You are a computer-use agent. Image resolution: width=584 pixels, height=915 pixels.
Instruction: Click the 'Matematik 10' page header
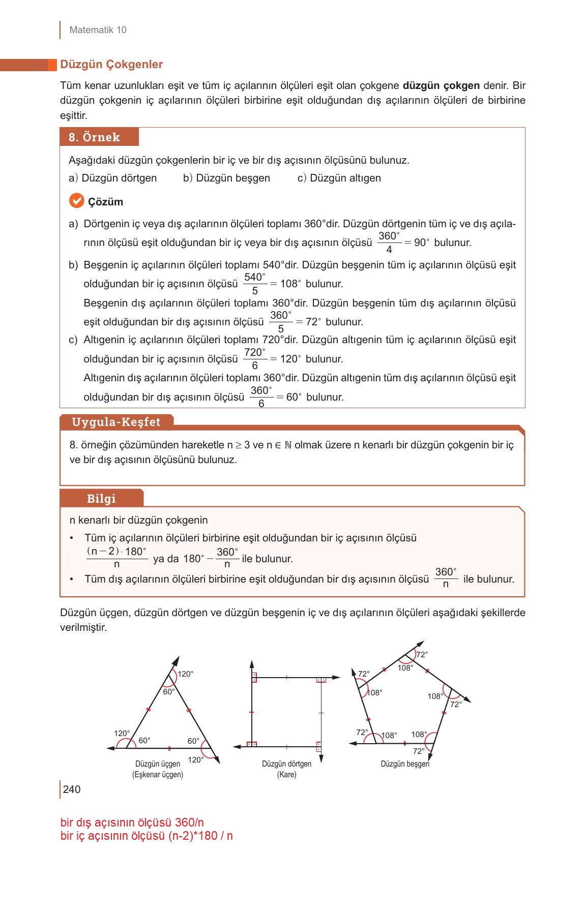pyautogui.click(x=98, y=30)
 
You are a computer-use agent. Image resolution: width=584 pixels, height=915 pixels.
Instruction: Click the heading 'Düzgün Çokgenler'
pyautogui.click(x=111, y=65)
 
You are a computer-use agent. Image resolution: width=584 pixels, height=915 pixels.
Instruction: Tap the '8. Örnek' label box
pyautogui.click(x=95, y=137)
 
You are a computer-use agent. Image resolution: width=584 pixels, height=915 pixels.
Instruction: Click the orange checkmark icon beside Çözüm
pyautogui.click(x=76, y=201)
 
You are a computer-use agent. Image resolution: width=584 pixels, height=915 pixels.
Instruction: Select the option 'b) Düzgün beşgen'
pyautogui.click(x=226, y=178)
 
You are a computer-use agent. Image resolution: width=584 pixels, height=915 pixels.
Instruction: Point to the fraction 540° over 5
pyautogui.click(x=255, y=284)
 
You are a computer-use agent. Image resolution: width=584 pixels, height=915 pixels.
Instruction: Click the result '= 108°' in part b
pyautogui.click(x=285, y=284)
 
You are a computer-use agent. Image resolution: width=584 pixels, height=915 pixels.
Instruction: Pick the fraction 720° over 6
pyautogui.click(x=255, y=359)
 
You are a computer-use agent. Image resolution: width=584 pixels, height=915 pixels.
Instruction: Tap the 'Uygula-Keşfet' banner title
pyautogui.click(x=116, y=422)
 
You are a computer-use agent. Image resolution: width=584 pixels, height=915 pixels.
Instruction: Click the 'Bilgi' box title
pyautogui.click(x=101, y=499)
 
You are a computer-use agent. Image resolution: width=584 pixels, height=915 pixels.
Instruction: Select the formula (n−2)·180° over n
pyautogui.click(x=116, y=558)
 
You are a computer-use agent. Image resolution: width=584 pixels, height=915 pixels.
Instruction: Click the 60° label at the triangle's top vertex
pyautogui.click(x=168, y=692)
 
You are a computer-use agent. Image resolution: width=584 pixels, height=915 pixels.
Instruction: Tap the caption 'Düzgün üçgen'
pyautogui.click(x=158, y=764)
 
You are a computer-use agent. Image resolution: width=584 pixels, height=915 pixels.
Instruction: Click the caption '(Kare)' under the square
pyautogui.click(x=286, y=775)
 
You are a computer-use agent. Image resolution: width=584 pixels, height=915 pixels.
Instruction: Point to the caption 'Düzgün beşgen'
pyautogui.click(x=405, y=764)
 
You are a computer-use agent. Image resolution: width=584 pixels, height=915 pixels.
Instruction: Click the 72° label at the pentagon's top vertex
pyautogui.click(x=422, y=655)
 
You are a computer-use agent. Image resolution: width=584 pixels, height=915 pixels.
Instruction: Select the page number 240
pyautogui.click(x=72, y=789)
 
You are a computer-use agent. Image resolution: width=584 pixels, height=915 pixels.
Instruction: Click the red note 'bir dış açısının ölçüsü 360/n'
pyautogui.click(x=132, y=822)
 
